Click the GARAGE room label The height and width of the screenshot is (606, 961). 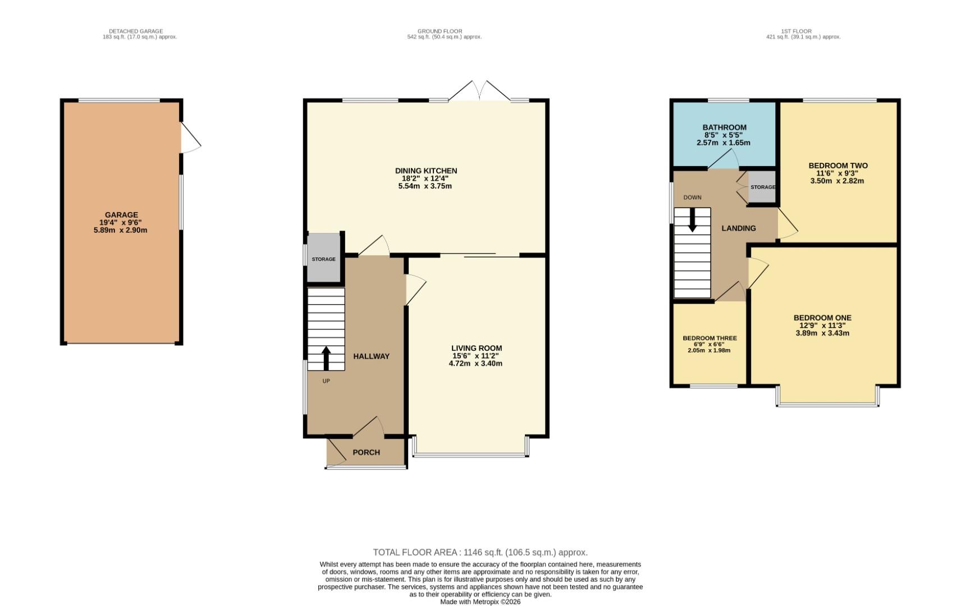[x=121, y=215]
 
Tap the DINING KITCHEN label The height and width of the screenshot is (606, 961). [x=426, y=171]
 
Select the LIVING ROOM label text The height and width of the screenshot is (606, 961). [x=477, y=348]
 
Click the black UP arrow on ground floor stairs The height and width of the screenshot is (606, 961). [x=326, y=358]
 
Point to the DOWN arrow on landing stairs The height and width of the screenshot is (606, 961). [x=692, y=220]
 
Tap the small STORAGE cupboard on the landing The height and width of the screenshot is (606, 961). [x=762, y=187]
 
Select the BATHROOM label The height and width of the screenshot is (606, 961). [x=724, y=127]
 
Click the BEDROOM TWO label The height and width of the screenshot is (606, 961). [x=838, y=166]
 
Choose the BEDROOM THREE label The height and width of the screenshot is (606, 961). [x=710, y=338]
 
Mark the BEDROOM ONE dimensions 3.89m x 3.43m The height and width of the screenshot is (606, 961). [x=822, y=333]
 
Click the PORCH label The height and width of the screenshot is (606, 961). [x=366, y=452]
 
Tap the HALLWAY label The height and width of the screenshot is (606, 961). [x=371, y=356]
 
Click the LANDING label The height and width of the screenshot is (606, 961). [x=738, y=228]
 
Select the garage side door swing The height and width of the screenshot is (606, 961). [x=190, y=137]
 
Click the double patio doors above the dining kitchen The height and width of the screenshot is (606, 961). [x=479, y=91]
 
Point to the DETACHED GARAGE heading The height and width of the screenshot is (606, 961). [x=136, y=31]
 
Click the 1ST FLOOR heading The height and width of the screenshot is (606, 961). [x=796, y=31]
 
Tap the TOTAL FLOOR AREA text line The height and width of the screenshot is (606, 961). [x=480, y=552]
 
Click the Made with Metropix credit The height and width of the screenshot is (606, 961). [x=480, y=602]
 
